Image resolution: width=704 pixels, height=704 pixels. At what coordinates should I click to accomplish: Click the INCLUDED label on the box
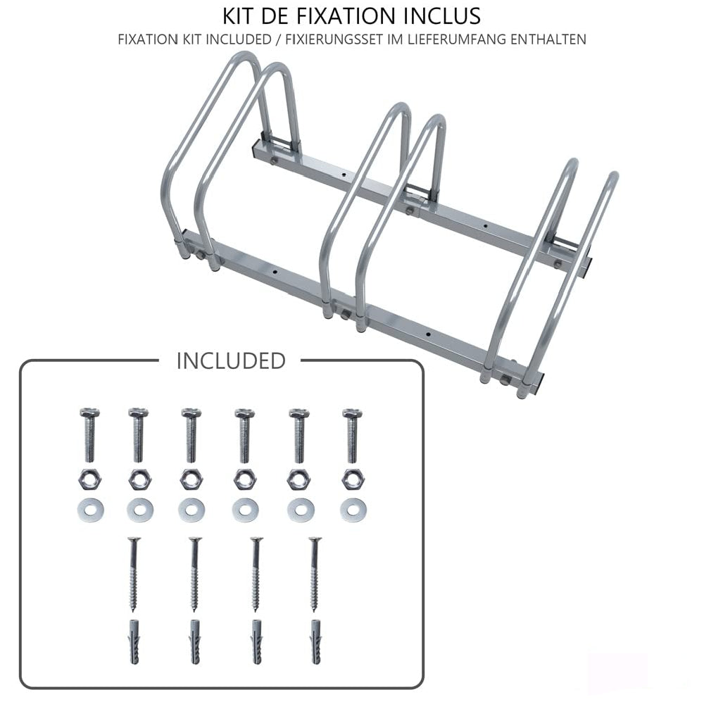tap(231, 361)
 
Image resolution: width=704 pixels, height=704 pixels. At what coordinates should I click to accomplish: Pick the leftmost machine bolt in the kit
tap(90, 435)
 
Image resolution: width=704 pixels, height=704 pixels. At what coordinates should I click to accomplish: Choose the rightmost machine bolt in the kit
tap(353, 435)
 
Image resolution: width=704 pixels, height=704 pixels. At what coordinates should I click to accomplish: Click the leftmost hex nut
tap(89, 479)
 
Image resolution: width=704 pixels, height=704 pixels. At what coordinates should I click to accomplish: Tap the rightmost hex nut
tap(353, 479)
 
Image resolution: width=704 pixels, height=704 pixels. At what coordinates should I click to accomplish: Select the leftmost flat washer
tap(90, 510)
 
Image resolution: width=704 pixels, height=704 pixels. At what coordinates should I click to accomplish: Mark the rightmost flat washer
tap(353, 510)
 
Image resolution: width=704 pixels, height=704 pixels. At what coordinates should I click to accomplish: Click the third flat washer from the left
tap(191, 510)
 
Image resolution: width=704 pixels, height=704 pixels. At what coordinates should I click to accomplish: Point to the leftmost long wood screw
tap(133, 574)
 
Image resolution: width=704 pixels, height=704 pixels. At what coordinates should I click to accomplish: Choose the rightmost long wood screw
tap(315, 574)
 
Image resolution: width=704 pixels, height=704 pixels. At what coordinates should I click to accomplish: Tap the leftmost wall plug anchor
tap(134, 641)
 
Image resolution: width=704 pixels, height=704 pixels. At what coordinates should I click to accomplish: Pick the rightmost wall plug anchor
tap(315, 641)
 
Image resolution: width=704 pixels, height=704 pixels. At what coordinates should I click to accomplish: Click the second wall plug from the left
tap(195, 641)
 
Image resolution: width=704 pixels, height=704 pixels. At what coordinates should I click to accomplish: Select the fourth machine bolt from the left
tap(245, 435)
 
